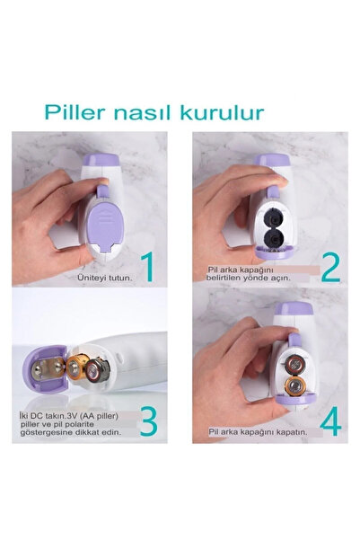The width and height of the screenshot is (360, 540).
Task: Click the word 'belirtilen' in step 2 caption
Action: point(229,279)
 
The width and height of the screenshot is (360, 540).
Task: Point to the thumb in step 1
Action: point(99,183)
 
